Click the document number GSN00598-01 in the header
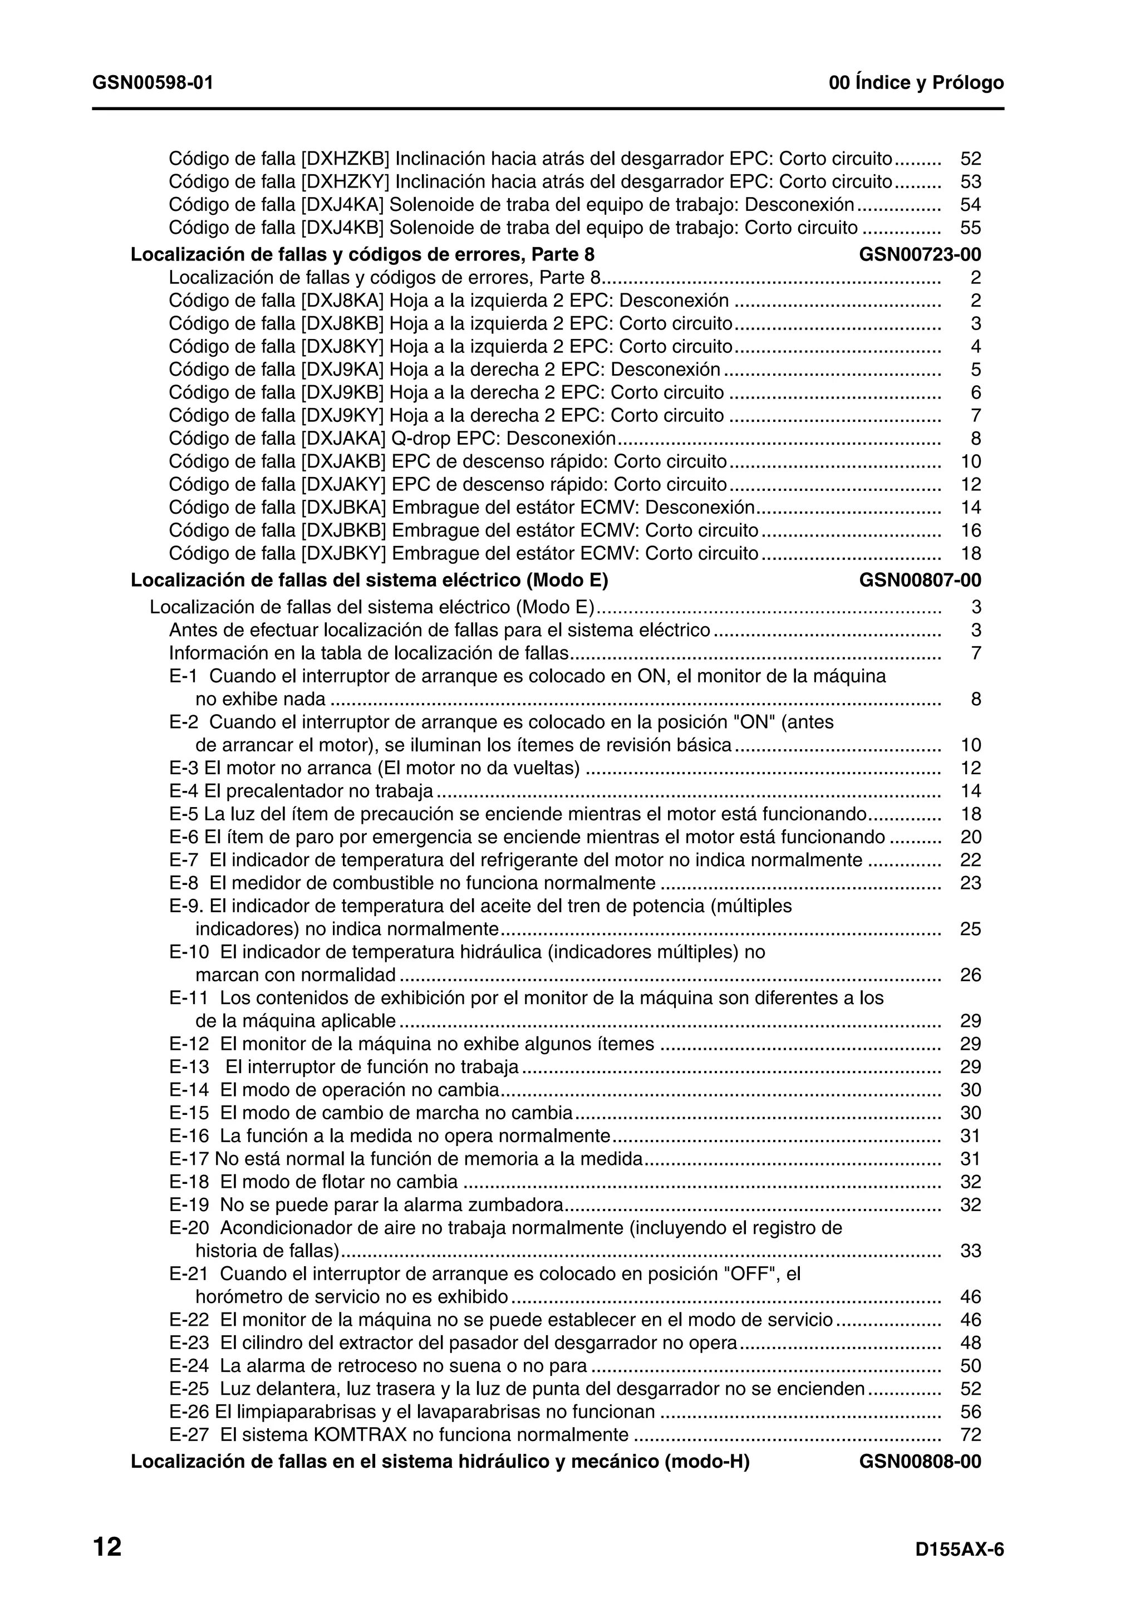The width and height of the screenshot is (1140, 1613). (x=153, y=83)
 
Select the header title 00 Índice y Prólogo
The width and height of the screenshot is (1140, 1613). (x=916, y=83)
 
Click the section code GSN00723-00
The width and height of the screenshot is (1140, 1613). (x=920, y=254)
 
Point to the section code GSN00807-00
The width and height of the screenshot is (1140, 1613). (x=920, y=581)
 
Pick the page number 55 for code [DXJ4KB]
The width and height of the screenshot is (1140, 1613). (x=970, y=228)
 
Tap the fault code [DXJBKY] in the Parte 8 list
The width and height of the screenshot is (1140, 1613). (x=343, y=554)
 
